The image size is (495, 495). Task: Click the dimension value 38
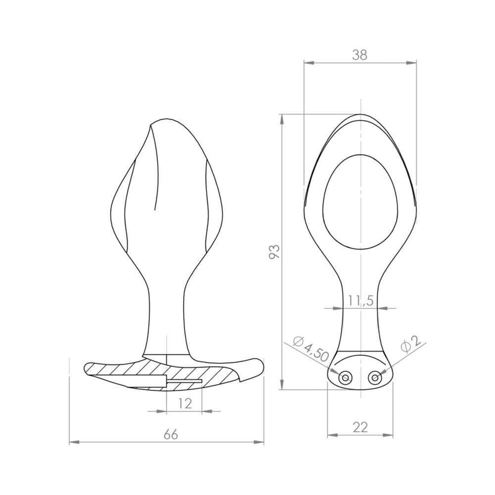click(x=359, y=55)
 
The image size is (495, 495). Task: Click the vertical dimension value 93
click(x=274, y=252)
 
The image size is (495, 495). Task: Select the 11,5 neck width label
click(x=361, y=301)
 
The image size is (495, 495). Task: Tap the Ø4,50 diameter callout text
click(x=311, y=349)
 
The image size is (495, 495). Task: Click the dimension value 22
click(x=360, y=428)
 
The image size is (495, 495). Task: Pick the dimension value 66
click(x=171, y=435)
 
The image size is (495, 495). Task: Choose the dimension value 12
click(x=184, y=403)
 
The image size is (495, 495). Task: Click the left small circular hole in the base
click(x=344, y=377)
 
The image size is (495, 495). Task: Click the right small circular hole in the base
click(x=375, y=377)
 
